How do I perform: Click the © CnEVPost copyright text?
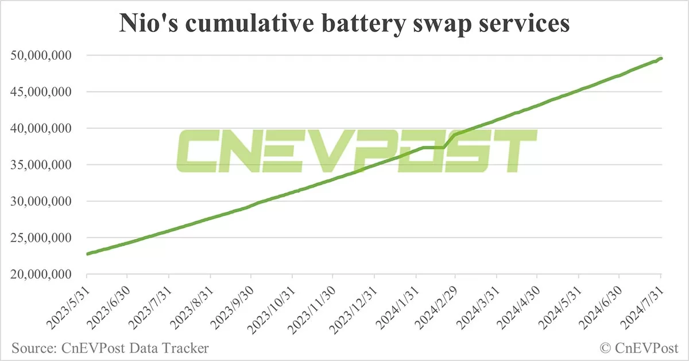pyautogui.click(x=639, y=347)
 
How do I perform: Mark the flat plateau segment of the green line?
pyautogui.click(x=433, y=148)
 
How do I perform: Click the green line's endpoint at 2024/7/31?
pyautogui.click(x=661, y=58)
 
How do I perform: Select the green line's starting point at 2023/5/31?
pyautogui.click(x=87, y=254)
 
